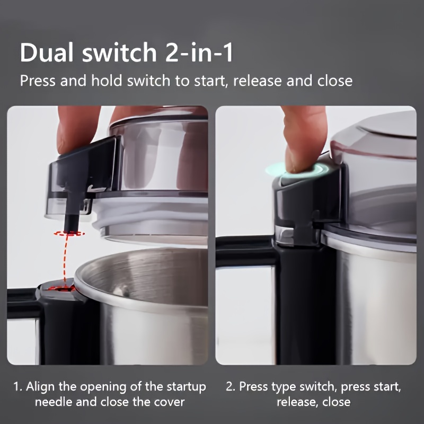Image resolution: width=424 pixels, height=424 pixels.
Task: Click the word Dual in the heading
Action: click(47, 52)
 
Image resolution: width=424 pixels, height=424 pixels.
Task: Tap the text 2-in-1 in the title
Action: click(199, 52)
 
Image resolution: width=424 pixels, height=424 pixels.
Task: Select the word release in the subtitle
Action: click(257, 81)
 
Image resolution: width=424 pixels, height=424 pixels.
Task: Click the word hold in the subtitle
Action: click(107, 81)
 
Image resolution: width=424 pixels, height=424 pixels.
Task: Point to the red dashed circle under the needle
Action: click(69, 233)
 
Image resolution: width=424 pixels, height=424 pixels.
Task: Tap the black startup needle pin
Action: click(72, 216)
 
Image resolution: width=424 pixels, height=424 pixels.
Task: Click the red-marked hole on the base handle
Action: click(64, 289)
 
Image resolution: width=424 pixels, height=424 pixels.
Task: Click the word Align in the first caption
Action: click(41, 387)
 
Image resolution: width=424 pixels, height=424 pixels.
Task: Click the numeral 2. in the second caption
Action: click(231, 387)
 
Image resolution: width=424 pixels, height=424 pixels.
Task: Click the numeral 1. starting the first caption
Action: click(18, 387)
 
